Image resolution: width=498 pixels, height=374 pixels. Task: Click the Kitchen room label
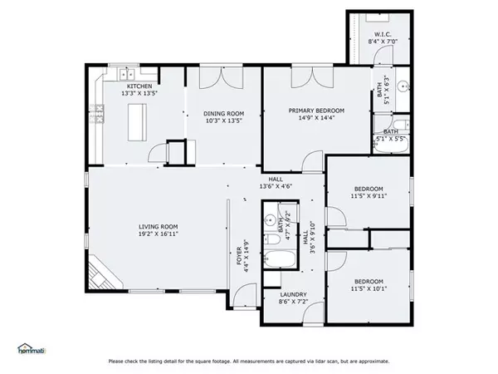coord(139,86)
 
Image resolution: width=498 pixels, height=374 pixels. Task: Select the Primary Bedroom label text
coord(316,110)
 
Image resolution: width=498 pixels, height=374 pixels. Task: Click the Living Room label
coord(158,226)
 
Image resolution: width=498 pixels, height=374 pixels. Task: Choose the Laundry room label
coord(294,294)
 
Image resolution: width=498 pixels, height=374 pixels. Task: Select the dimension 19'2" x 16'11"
coord(158,234)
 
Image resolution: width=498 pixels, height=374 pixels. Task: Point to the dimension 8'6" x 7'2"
coord(294,303)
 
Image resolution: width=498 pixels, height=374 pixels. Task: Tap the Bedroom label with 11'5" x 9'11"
coord(369,192)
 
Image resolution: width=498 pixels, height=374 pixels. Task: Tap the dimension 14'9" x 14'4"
coord(316,118)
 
